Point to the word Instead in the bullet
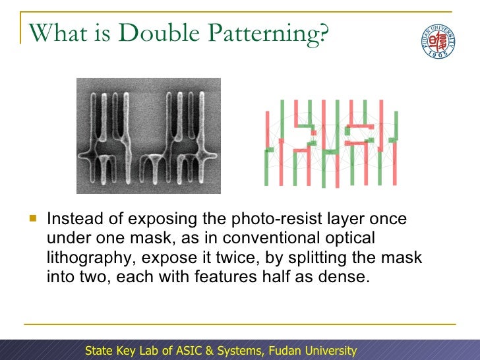coord(74,218)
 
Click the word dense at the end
coord(347,276)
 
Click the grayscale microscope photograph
coord(148,136)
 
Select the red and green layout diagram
coord(332,142)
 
